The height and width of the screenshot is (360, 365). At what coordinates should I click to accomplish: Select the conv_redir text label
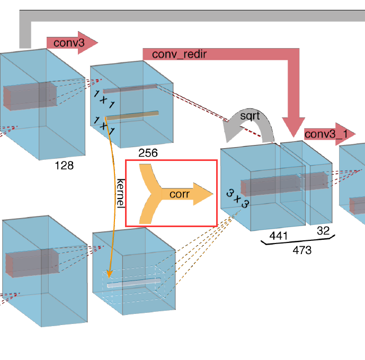coord(176,55)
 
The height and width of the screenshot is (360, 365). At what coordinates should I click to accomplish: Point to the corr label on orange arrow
coord(180,194)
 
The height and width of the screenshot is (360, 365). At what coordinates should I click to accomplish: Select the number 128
coord(64,166)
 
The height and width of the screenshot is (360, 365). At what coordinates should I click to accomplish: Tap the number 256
coord(148,154)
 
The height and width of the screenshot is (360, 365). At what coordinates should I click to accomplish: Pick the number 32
coord(323,230)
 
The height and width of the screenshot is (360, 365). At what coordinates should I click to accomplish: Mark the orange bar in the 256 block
coord(131,115)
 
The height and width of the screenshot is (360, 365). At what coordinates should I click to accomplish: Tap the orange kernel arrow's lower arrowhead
coord(109,273)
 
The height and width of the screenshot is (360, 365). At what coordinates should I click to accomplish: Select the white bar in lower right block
coord(133,283)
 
